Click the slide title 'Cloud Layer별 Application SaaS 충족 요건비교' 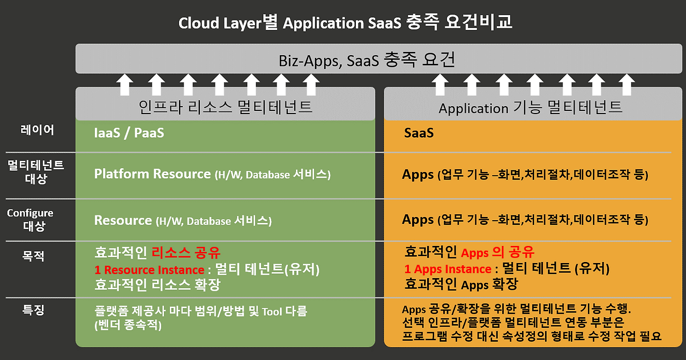coord(345,22)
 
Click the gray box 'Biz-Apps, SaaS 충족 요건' coord(367,59)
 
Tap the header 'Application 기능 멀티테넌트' coord(530,108)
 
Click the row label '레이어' coord(37,130)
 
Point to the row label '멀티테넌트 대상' coord(36,171)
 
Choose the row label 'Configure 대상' coord(31,219)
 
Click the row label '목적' coord(33,256)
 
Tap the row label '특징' coord(33,310)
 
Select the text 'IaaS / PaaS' coord(129,133)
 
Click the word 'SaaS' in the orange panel coord(419,133)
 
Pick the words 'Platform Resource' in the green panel coord(152,174)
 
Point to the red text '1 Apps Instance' coord(448,269)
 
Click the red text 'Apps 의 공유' coord(498,252)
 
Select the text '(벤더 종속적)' coord(128,325)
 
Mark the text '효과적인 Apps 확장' coord(461,284)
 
